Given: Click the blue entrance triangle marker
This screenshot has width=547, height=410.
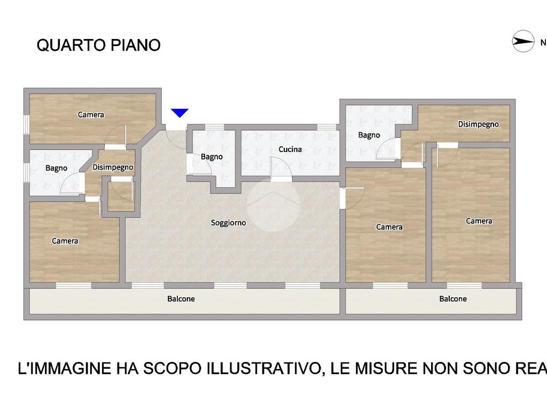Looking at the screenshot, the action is [179, 113].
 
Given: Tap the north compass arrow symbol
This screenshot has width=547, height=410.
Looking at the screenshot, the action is [523, 42].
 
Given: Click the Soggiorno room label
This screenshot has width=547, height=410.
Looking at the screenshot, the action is [228, 223].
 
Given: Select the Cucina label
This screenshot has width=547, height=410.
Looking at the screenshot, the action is [290, 149].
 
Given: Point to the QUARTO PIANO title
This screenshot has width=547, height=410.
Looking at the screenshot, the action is [98, 45].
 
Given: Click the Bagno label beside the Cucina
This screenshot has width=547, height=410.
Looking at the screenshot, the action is [212, 157].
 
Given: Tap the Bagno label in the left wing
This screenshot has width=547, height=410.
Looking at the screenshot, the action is [56, 168].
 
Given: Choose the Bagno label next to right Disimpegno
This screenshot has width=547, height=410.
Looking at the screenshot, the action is [369, 135].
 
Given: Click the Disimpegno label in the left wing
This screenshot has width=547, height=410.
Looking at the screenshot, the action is [113, 167].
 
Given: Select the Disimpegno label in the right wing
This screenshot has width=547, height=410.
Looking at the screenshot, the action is [478, 124].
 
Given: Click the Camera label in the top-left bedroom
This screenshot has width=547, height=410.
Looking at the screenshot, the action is [91, 114].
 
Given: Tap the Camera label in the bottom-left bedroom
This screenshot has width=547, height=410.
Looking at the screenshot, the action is [65, 241].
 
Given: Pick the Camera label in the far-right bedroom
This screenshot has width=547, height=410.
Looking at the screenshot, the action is [479, 220].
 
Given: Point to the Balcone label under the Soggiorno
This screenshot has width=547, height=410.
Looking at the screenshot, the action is [181, 299].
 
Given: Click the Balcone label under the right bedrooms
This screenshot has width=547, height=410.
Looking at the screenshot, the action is [453, 299].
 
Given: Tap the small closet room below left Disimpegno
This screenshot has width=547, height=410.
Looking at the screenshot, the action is [121, 196].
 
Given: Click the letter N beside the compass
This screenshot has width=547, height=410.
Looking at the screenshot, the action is [543, 43].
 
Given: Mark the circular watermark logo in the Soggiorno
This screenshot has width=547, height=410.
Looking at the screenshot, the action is [273, 205].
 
